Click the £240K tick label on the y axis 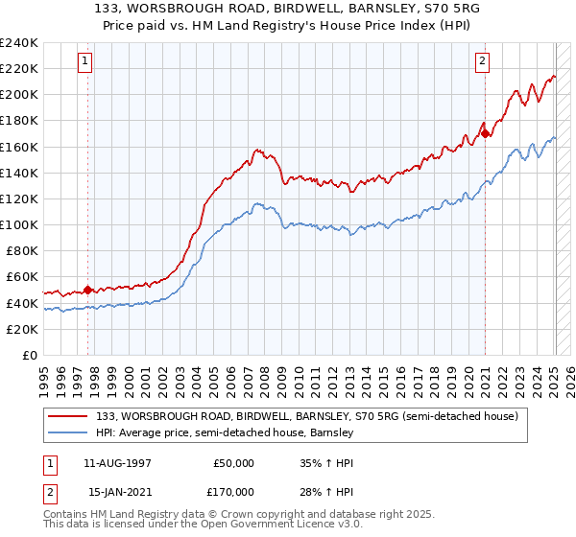point(19,43)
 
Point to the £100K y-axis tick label point(19,224)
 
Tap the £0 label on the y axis point(30,355)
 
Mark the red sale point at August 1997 point(87,289)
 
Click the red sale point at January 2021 point(486,133)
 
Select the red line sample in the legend point(68,416)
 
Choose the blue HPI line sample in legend point(68,433)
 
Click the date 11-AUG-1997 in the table point(118,463)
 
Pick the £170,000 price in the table point(233,492)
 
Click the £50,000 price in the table point(233,463)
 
